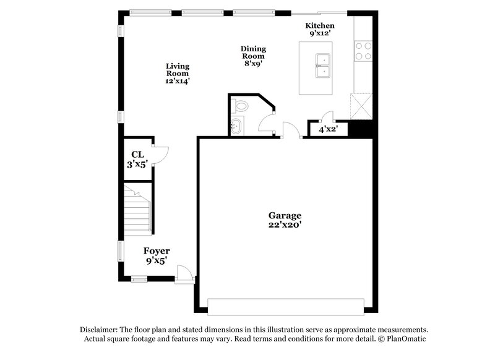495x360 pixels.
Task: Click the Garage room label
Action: [x=285, y=215]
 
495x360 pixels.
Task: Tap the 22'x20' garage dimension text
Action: [x=285, y=225]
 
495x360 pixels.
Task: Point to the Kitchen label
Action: [x=320, y=25]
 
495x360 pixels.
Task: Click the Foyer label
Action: [x=157, y=251]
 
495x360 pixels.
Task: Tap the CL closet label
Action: [x=137, y=155]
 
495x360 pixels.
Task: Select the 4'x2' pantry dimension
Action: [x=328, y=130]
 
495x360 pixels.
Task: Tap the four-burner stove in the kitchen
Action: [x=363, y=50]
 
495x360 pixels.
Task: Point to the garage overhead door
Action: [x=285, y=307]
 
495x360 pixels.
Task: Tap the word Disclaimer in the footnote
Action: [x=100, y=330]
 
